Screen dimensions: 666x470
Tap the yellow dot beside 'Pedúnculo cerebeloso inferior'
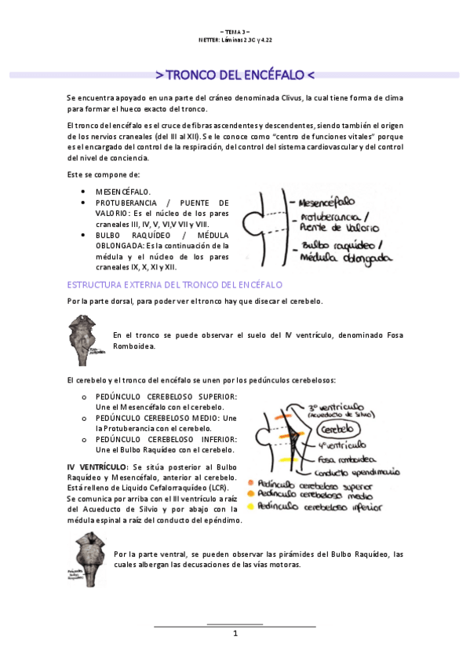coord(250,506)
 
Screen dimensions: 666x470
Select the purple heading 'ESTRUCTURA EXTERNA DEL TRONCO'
coord(175,284)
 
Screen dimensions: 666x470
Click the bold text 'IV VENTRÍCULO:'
coord(98,467)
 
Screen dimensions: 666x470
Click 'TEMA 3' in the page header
coord(235,31)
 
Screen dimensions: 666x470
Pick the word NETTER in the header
coord(213,39)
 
